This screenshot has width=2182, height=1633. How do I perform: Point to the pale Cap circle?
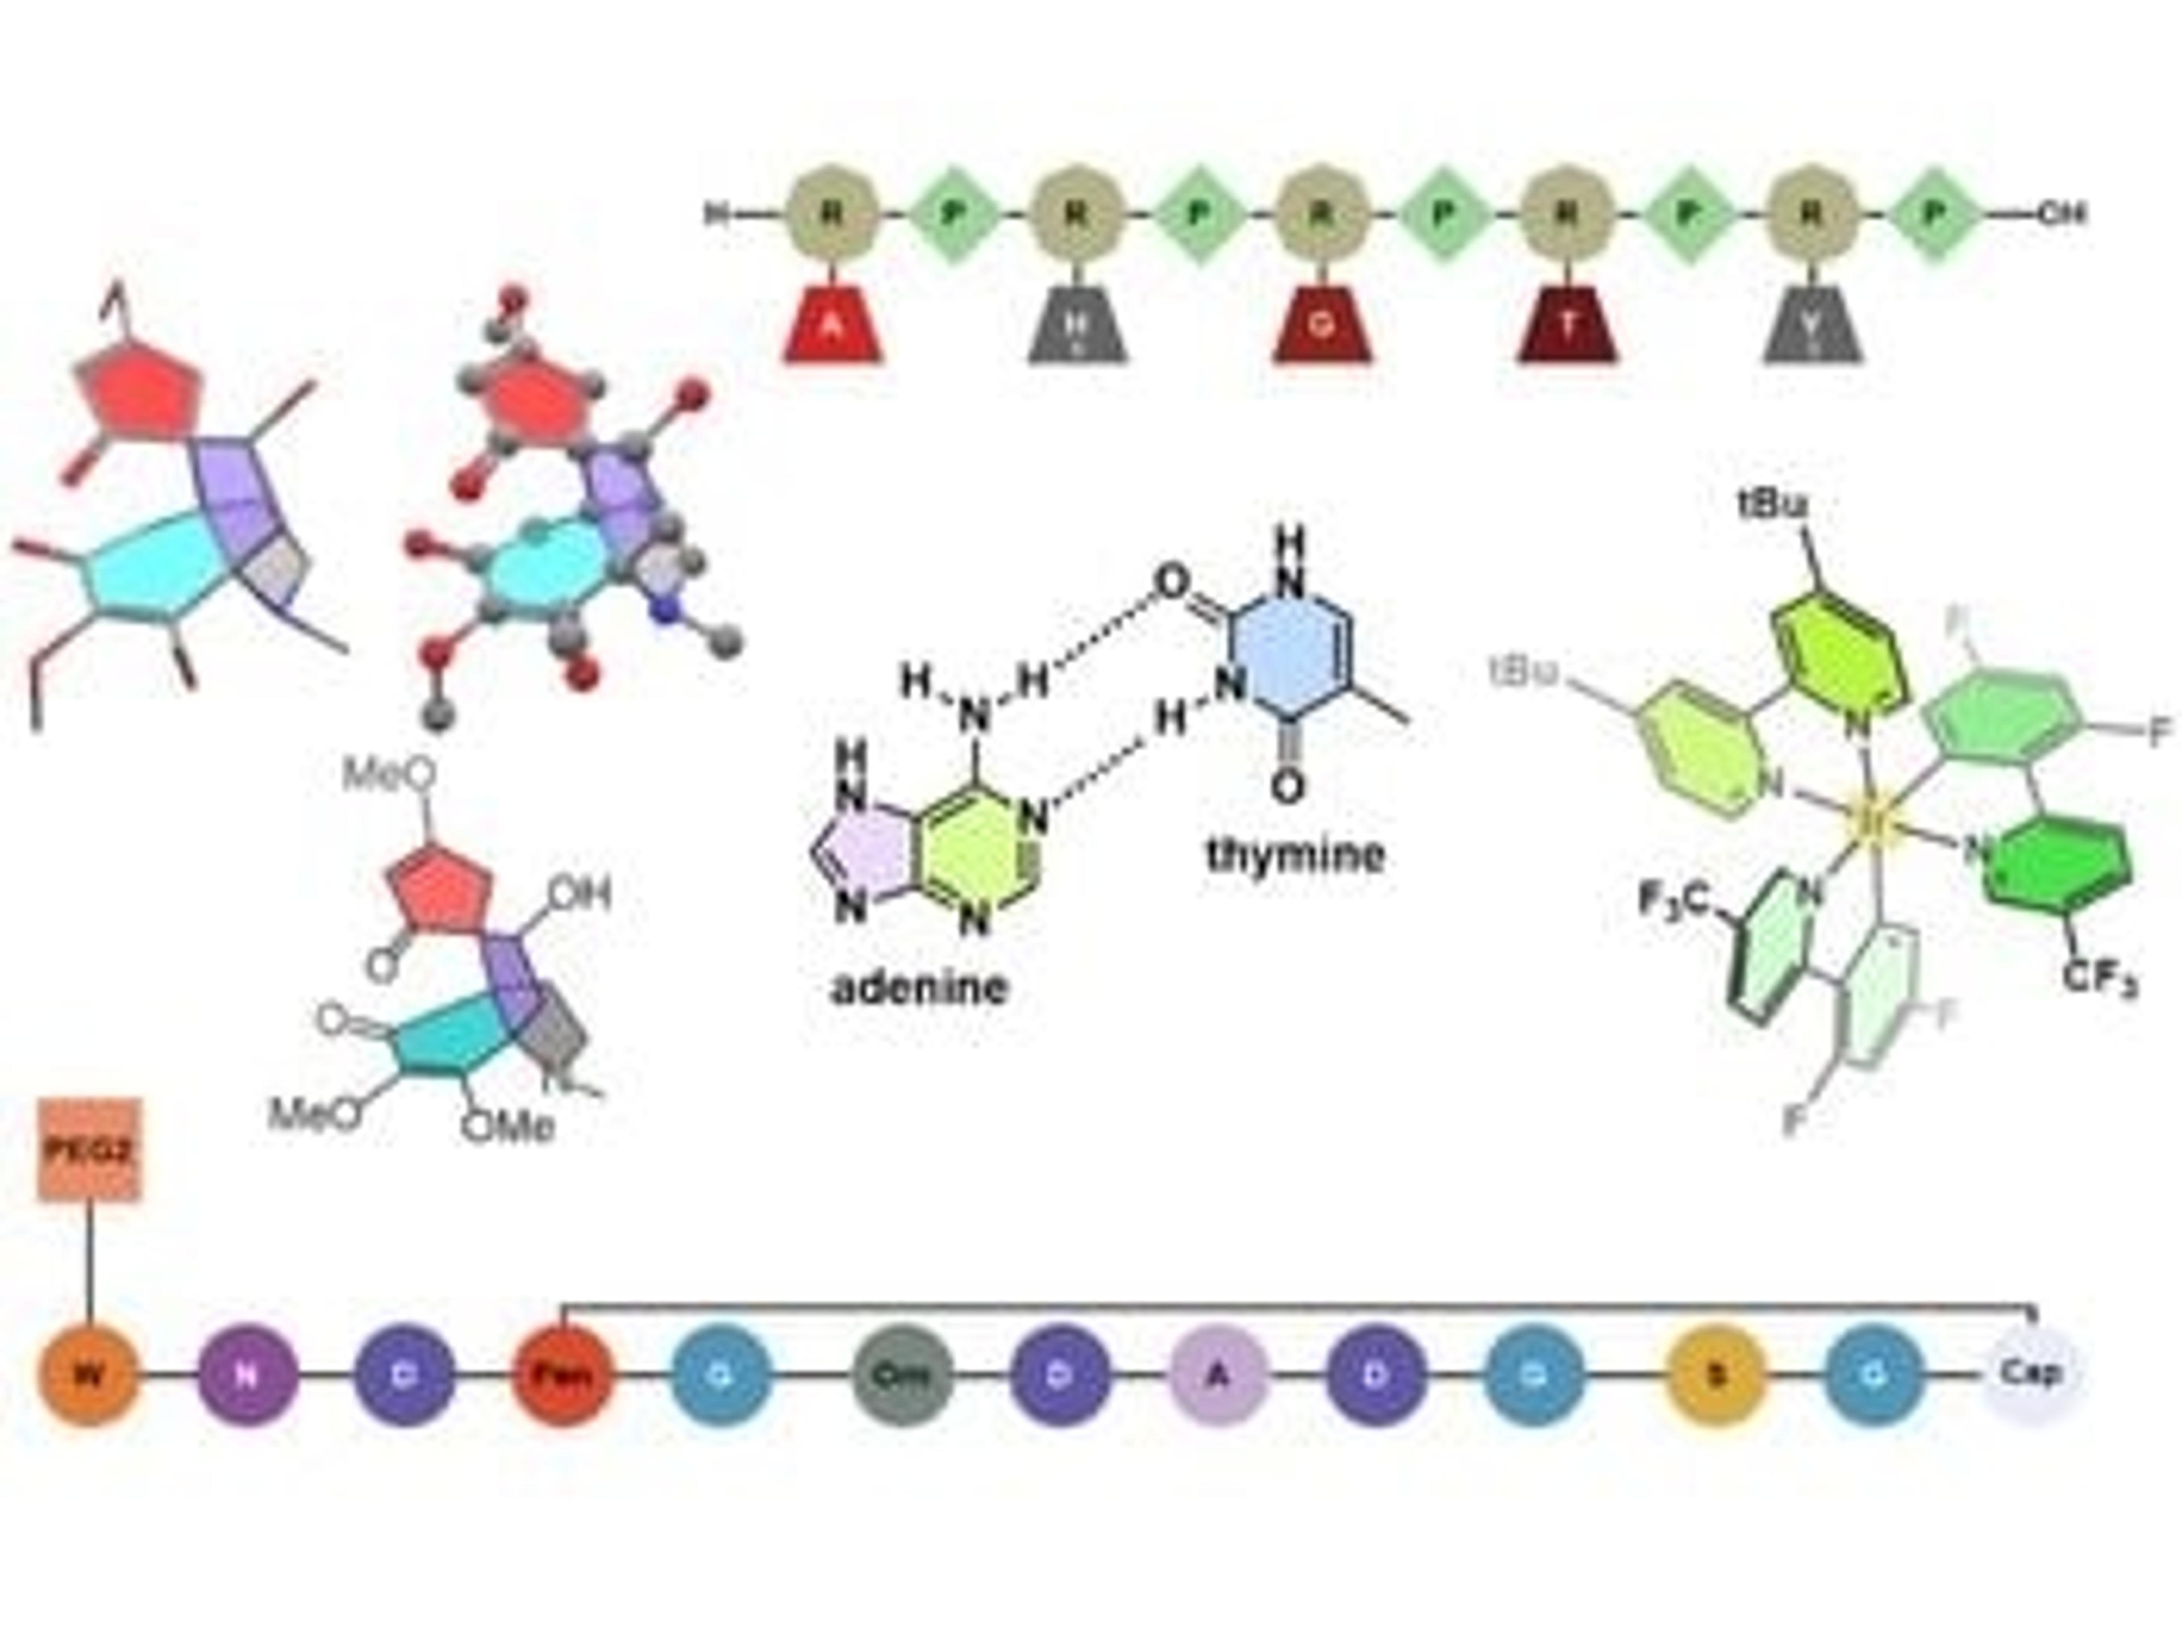2032,1373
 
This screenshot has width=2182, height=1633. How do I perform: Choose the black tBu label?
1773,505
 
